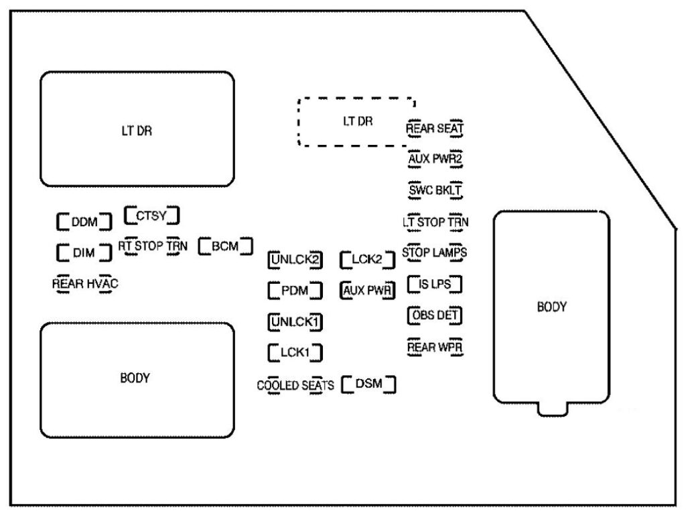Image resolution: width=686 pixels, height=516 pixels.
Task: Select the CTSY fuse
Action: (153, 216)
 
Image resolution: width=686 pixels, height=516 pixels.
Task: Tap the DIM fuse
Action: (84, 253)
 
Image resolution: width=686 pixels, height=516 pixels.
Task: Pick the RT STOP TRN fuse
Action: (152, 246)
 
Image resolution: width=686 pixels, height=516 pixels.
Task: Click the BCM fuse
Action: (225, 246)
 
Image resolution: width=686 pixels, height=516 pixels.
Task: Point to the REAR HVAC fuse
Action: (85, 283)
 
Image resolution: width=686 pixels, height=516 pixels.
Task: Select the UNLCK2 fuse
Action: (295, 259)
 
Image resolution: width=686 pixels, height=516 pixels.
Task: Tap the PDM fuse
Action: (295, 291)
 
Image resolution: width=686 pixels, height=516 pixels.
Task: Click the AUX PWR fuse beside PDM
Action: (367, 291)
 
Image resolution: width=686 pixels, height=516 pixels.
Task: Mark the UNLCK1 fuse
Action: (295, 321)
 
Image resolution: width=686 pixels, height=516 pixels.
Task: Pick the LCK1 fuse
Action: (295, 352)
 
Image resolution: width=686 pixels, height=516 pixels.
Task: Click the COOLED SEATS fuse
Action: (295, 386)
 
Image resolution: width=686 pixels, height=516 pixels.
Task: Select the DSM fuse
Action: (368, 384)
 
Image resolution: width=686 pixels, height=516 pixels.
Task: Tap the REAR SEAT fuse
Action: (435, 127)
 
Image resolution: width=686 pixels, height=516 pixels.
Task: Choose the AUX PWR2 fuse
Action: (435, 159)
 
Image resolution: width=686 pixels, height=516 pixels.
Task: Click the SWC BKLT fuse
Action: (435, 190)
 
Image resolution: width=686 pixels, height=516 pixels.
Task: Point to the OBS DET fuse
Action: (435, 315)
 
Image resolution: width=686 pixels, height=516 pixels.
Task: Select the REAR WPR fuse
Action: (435, 347)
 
